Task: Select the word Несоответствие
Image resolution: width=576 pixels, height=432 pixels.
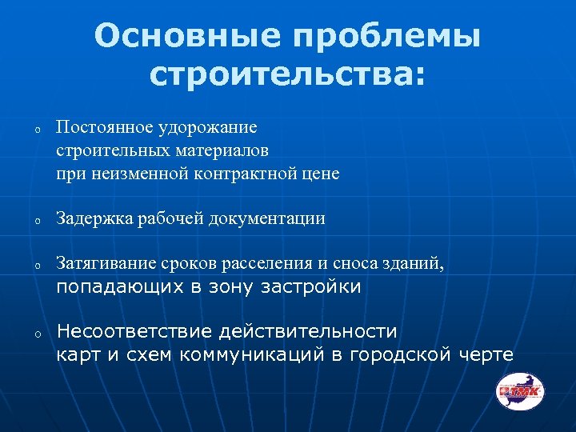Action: point(133,331)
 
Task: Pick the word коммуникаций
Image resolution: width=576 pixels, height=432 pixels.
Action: point(254,354)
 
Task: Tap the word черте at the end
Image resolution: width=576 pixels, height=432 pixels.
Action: point(486,354)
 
